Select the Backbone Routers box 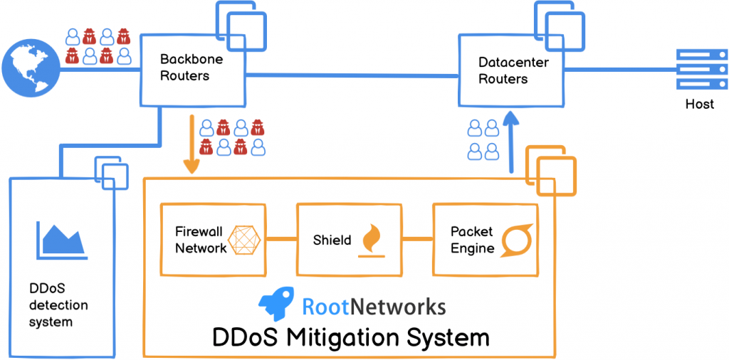[192, 68]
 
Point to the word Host [700, 105]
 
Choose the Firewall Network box [211, 240]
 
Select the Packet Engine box [485, 240]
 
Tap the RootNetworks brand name [374, 307]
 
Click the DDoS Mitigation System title [351, 337]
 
